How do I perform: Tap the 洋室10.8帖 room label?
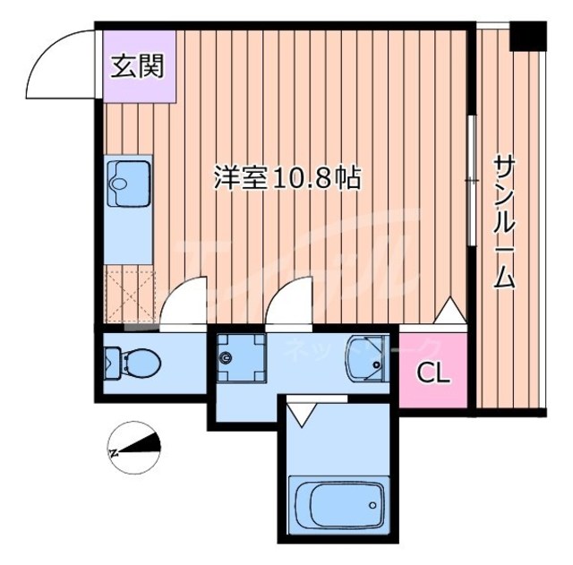pyautogui.click(x=286, y=177)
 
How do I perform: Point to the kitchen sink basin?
pyautogui.click(x=120, y=183)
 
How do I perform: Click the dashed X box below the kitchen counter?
pyautogui.click(x=130, y=294)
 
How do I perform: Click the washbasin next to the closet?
pyautogui.click(x=367, y=357)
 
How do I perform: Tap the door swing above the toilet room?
pyautogui.click(x=186, y=299)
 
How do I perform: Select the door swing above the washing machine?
pyautogui.click(x=289, y=299)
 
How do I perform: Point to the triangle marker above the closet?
pyautogui.click(x=449, y=312)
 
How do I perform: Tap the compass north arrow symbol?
pyautogui.click(x=134, y=442)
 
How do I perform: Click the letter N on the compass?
pyautogui.click(x=114, y=452)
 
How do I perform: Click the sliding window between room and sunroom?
pyautogui.click(x=470, y=180)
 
